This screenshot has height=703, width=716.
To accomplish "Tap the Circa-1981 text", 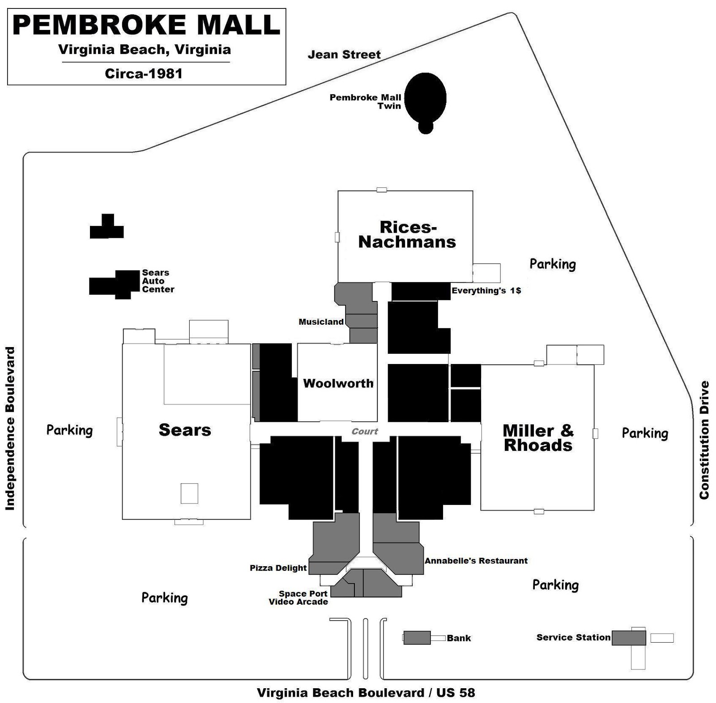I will [x=144, y=73].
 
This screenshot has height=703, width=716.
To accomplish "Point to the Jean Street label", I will [x=344, y=55].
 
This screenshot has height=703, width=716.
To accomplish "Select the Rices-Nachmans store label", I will [x=407, y=234].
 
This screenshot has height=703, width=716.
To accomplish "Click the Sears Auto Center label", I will [x=158, y=281].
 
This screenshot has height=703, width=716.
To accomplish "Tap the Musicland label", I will [x=321, y=322].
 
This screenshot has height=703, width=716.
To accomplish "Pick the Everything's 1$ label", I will [x=486, y=291].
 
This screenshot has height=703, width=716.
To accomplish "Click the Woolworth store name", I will [x=338, y=383].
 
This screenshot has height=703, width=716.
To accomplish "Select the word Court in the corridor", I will [x=365, y=432].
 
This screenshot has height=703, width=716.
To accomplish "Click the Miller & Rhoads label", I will [x=538, y=438].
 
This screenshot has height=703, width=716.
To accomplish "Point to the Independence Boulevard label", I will [x=10, y=428].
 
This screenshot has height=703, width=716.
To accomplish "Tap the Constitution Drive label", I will [x=704, y=440].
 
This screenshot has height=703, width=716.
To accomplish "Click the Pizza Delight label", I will [x=278, y=568].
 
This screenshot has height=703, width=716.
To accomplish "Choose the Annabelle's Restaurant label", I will [x=476, y=561].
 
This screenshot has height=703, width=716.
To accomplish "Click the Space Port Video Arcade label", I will [x=298, y=597].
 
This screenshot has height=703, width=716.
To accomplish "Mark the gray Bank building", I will [x=417, y=638].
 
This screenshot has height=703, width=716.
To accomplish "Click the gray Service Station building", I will [x=629, y=638].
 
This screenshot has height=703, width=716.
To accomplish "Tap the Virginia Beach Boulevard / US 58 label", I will [x=366, y=693].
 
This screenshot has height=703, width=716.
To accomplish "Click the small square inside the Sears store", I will [x=189, y=493].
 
